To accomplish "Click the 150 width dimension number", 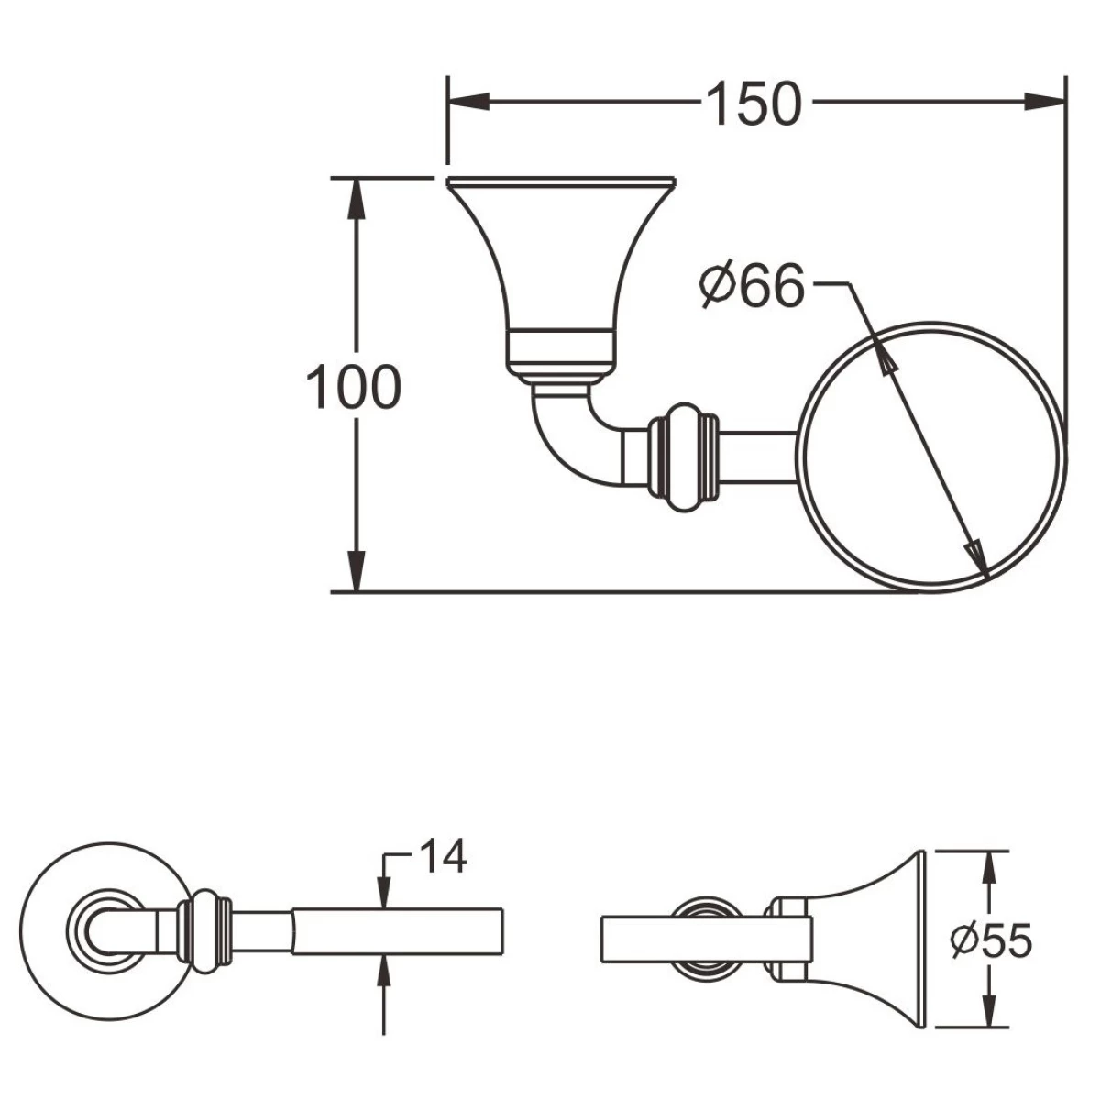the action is (x=753, y=104).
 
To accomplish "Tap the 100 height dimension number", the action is (x=353, y=387).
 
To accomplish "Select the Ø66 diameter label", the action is (x=753, y=284).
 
